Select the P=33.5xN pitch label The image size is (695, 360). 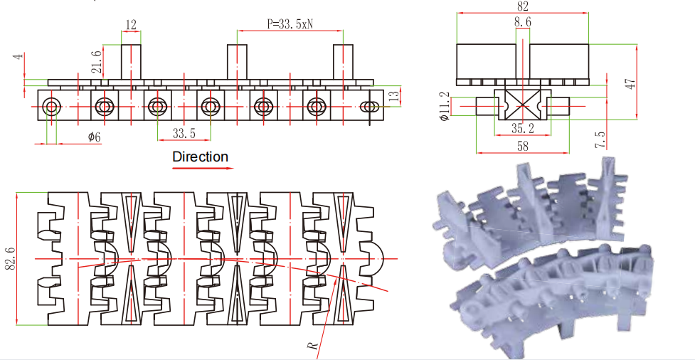(x=290, y=23)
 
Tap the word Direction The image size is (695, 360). (x=201, y=157)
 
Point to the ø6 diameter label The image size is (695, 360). (x=94, y=137)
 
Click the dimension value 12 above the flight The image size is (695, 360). (x=131, y=24)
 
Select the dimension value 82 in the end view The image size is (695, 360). (x=523, y=6)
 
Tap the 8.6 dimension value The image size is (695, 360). (x=523, y=23)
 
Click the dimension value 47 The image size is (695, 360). (x=630, y=83)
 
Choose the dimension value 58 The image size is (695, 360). (x=523, y=145)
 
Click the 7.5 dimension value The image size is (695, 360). (x=602, y=139)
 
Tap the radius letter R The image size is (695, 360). (x=312, y=345)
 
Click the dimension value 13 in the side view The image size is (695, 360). (x=394, y=95)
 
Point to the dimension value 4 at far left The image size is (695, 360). (x=21, y=55)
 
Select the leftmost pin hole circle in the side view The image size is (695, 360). (x=51, y=107)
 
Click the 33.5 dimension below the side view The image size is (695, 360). (x=184, y=133)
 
